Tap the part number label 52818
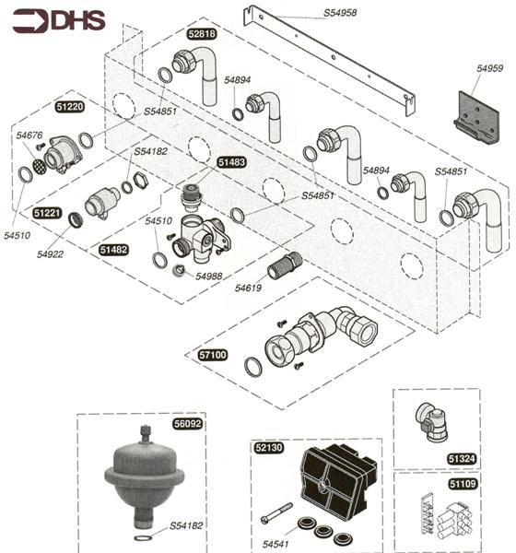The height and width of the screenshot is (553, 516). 201,34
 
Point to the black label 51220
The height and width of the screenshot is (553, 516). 70,107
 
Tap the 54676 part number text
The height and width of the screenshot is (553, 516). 29,136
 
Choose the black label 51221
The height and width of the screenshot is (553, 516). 47,213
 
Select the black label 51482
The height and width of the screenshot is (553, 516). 113,250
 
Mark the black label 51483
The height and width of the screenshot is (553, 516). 231,161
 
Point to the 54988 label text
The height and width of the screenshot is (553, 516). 208,276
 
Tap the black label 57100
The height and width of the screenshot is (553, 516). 213,354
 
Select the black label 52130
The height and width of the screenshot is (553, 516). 268,448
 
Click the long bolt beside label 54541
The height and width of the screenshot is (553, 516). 276,512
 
